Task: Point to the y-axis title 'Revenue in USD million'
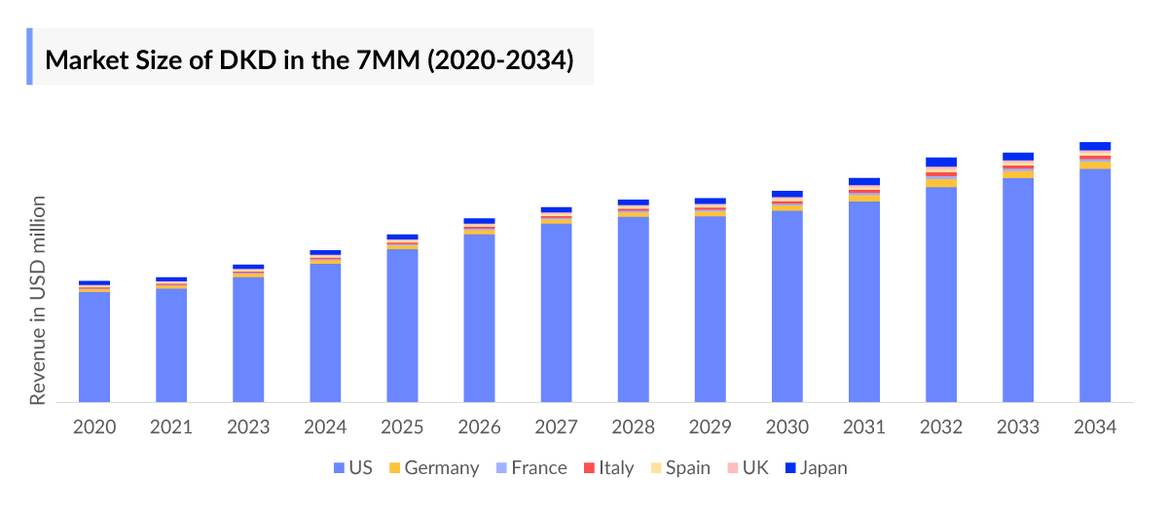coord(38,300)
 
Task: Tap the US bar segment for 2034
coord(1095,284)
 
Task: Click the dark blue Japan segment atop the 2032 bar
coord(941,162)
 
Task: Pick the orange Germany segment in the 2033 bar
coord(1018,174)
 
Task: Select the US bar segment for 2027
coord(557,312)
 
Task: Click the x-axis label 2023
coord(248,428)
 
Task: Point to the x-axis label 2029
coord(711,428)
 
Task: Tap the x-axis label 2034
coord(1095,428)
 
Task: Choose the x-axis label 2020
coord(94,428)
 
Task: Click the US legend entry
coord(352,468)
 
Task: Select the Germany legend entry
coord(433,468)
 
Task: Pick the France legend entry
coord(530,468)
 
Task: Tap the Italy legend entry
coord(608,468)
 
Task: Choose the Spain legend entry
coord(679,468)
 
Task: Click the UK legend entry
coord(746,468)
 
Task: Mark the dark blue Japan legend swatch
coord(790,468)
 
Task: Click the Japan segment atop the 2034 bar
coord(1095,146)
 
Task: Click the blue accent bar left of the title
coord(29,56)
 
